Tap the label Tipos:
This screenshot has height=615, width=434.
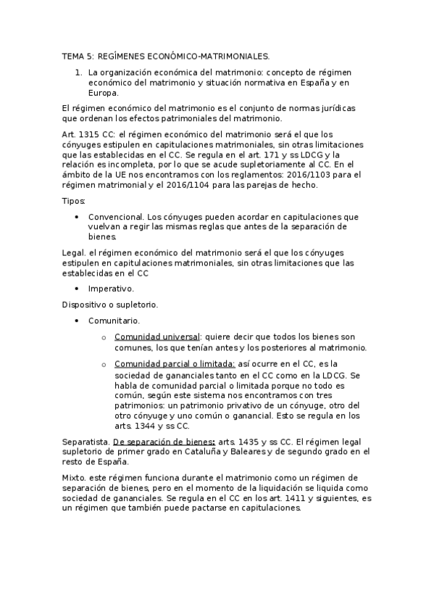point(74,200)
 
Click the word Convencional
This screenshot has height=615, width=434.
point(115,217)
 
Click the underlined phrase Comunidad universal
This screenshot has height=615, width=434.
point(157,337)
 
